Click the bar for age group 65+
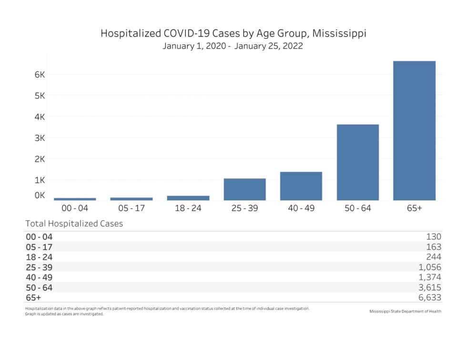(x=414, y=130)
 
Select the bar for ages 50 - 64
(x=357, y=162)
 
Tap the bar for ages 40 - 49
(x=301, y=186)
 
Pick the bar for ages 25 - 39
(x=244, y=189)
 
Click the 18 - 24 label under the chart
(x=188, y=209)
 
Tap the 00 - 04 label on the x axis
(x=75, y=209)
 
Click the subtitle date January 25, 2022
(x=270, y=47)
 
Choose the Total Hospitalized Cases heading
(x=74, y=223)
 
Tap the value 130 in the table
(x=434, y=236)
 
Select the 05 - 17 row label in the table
(x=39, y=247)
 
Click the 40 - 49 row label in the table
(x=39, y=277)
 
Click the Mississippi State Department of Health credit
(x=405, y=311)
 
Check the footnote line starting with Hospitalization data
(x=167, y=309)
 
